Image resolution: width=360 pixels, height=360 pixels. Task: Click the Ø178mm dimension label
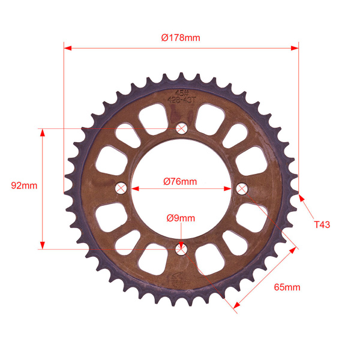(x=181, y=38)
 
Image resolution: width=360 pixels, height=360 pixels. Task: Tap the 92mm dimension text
(x=24, y=185)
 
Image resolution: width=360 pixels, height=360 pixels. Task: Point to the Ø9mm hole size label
(x=181, y=218)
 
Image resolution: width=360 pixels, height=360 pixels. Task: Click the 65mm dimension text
(x=287, y=287)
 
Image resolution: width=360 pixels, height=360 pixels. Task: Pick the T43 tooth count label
(x=322, y=224)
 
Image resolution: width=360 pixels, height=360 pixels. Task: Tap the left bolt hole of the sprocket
(x=122, y=188)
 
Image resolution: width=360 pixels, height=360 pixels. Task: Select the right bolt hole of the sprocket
(x=242, y=188)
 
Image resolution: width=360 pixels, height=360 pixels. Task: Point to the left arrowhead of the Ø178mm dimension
(x=68, y=47)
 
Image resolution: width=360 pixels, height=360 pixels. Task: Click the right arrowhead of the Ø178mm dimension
(x=294, y=47)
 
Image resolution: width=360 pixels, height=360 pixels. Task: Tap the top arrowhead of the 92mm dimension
(x=43, y=133)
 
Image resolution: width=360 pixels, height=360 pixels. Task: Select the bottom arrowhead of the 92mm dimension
(x=43, y=244)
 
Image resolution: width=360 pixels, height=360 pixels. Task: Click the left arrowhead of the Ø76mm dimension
(x=136, y=188)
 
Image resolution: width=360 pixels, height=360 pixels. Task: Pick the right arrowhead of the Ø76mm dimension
(x=228, y=188)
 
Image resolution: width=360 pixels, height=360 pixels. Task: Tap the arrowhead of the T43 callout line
(x=301, y=196)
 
